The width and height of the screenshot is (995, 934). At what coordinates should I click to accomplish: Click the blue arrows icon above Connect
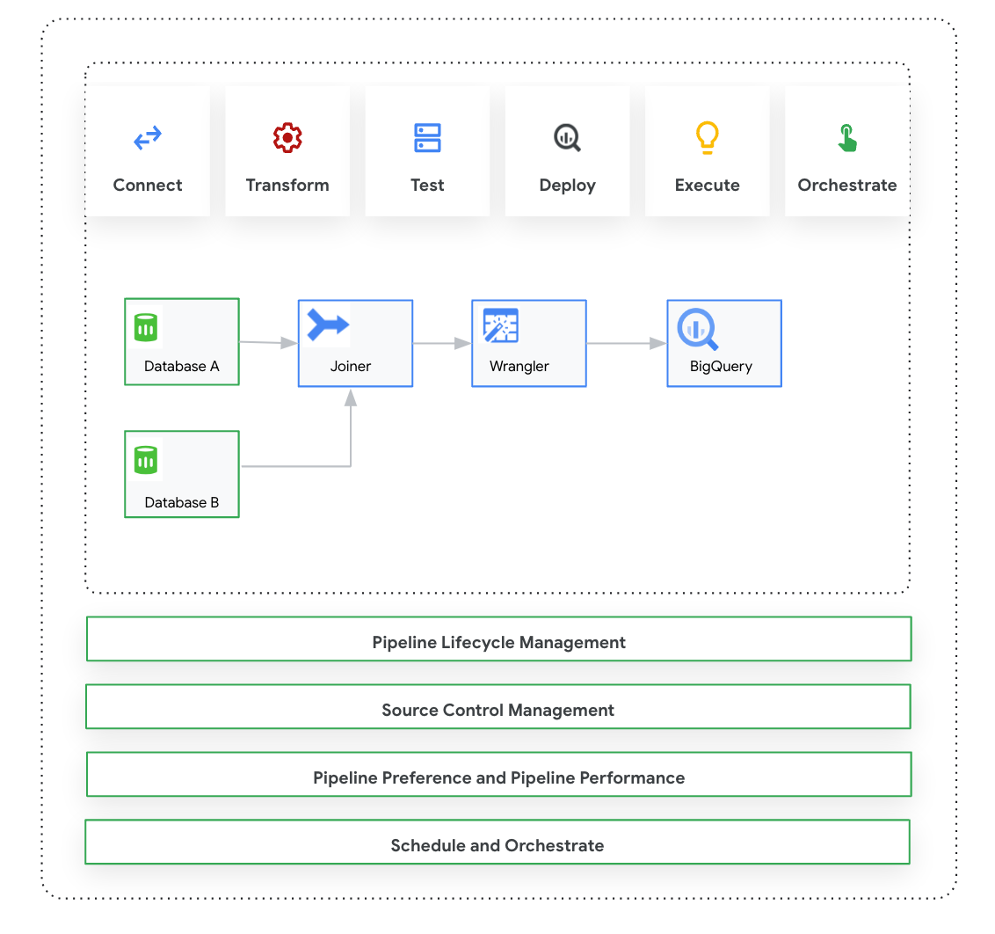(148, 138)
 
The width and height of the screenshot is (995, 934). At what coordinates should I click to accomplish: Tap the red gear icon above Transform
(287, 138)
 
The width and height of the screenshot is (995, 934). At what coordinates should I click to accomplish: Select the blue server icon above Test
(427, 138)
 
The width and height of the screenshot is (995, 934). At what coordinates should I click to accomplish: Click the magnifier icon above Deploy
(567, 138)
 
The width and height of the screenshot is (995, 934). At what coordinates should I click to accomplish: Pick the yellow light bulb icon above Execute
(708, 138)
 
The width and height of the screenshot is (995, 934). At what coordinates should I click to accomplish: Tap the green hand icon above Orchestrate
(846, 138)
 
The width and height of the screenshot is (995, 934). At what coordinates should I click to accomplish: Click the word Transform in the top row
(287, 186)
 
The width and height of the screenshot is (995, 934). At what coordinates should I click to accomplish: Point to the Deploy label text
(567, 186)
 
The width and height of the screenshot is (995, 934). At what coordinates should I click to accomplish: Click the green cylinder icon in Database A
(146, 328)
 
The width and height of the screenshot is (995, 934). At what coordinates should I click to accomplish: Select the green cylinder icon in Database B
(146, 460)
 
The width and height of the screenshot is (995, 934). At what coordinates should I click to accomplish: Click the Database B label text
(182, 503)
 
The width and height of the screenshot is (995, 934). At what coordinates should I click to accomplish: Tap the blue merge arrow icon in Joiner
(328, 325)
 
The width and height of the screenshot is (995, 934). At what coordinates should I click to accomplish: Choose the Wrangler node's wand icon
(501, 325)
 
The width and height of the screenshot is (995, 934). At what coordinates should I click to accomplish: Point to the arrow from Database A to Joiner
(268, 343)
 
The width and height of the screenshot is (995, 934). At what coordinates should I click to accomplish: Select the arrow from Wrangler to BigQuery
(626, 344)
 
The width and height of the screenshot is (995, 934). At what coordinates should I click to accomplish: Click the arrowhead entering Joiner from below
(351, 398)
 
